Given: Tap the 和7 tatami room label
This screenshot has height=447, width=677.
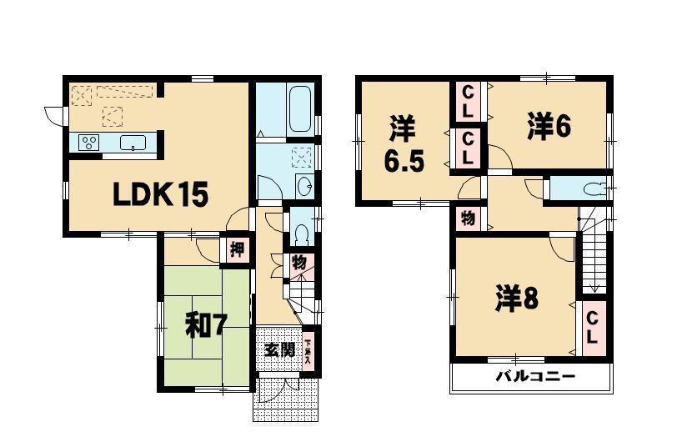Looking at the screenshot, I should point(205,325).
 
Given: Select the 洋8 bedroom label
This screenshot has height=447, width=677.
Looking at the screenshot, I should point(516,298).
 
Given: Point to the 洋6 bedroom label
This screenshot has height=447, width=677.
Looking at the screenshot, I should point(548,126).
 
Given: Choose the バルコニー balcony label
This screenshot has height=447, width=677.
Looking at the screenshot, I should point(536,376).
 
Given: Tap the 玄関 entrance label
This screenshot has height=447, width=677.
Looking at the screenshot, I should point(279,349).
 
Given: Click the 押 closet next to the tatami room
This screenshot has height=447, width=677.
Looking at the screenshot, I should point(236,249).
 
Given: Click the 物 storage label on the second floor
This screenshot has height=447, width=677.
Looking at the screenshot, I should point(468,218).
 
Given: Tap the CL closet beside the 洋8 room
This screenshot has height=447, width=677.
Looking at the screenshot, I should point(591,329).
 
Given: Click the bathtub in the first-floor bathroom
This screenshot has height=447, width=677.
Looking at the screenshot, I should point(299,108).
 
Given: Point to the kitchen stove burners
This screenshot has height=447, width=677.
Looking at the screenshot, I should point(88,143).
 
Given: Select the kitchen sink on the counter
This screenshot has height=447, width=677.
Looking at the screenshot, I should point(133,143).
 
